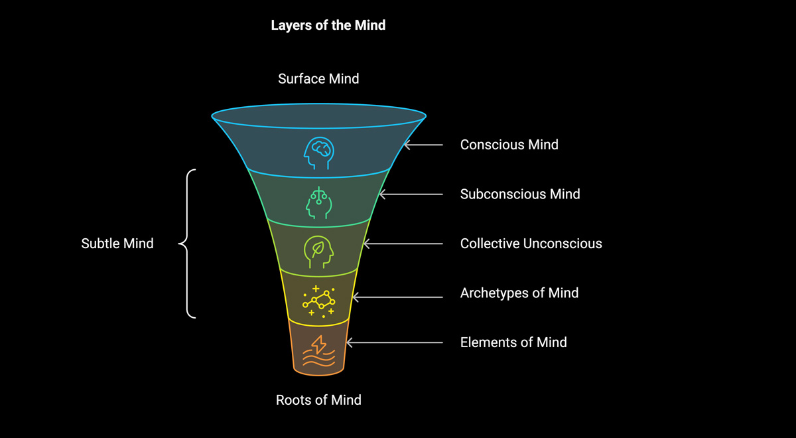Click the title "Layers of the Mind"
[x=328, y=26]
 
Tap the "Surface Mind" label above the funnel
[x=318, y=79]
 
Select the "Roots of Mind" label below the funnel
[x=318, y=400]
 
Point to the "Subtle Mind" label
[x=117, y=244]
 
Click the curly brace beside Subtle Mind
[x=187, y=244]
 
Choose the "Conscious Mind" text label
[x=509, y=145]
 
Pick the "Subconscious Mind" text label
[x=520, y=194]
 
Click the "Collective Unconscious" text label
[x=531, y=244]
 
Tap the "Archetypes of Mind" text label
[x=519, y=293]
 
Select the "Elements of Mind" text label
[x=513, y=342]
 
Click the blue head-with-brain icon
[x=319, y=153]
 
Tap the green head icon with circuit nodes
[x=319, y=202]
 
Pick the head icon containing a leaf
[x=319, y=252]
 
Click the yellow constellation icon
[x=319, y=301]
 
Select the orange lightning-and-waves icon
[x=319, y=351]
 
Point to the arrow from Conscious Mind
[x=423, y=145]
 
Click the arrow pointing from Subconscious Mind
[x=411, y=194]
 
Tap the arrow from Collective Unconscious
[x=403, y=244]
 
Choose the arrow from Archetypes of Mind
[x=397, y=297]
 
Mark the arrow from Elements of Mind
[x=395, y=342]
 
